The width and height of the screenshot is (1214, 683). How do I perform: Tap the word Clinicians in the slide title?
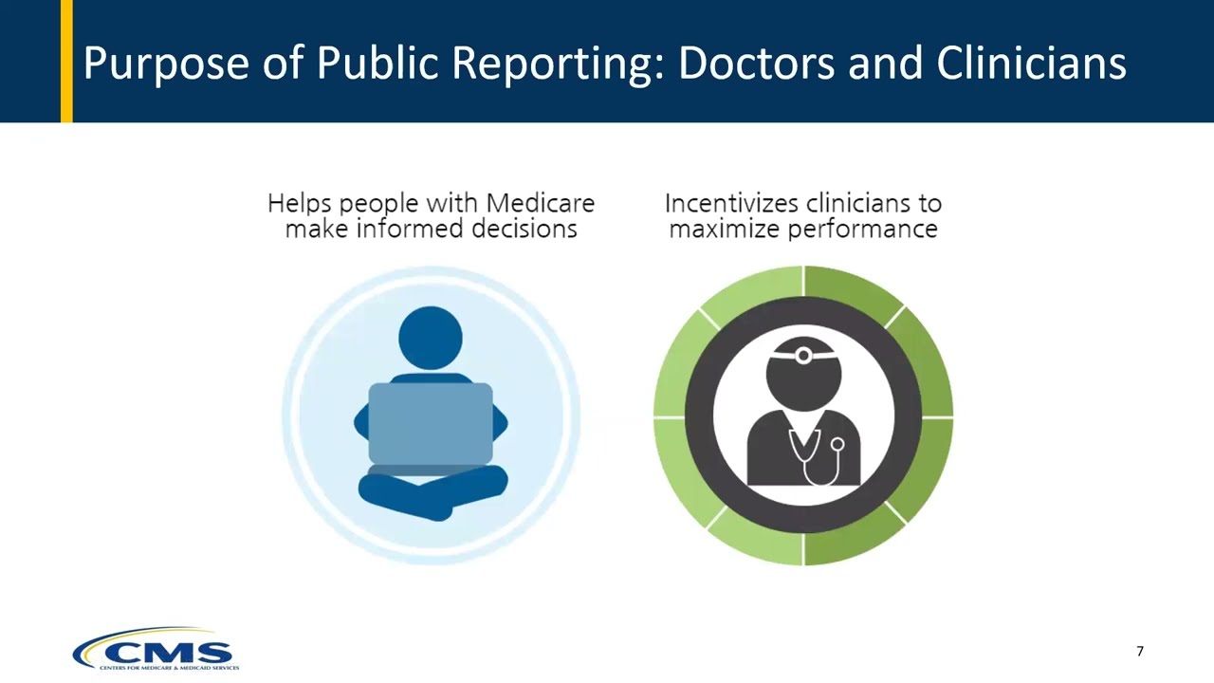point(1031,64)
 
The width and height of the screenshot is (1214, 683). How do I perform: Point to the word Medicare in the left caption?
point(540,203)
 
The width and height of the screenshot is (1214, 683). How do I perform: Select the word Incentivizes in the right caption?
point(729,203)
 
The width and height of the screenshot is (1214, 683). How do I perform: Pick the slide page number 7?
point(1140,651)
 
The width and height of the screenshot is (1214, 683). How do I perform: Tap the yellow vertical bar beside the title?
point(66,62)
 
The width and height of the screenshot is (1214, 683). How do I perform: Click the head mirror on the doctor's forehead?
point(803,357)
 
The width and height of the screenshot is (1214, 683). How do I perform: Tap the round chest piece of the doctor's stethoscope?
point(837,444)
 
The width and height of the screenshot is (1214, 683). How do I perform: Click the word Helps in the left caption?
point(300,203)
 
